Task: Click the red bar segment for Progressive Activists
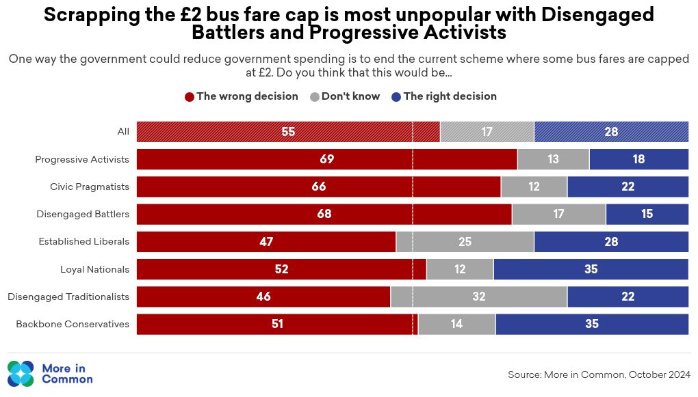[x=326, y=159]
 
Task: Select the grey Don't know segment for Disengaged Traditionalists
[x=478, y=297]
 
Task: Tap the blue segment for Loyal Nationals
[x=591, y=269]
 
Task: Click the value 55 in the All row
[x=288, y=132]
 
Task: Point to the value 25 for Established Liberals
[x=465, y=242]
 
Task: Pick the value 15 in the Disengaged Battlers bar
[x=647, y=214]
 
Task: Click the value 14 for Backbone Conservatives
[x=456, y=324]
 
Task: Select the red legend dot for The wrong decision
[x=190, y=97]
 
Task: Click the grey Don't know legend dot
[x=315, y=97]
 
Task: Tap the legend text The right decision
[x=450, y=96]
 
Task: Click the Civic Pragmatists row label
[x=90, y=187]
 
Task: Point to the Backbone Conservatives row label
[x=73, y=324]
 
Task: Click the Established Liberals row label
[x=83, y=242]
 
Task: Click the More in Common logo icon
[x=21, y=374]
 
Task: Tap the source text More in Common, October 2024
[x=599, y=374]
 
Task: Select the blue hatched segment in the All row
[x=611, y=132]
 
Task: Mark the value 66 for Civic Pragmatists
[x=318, y=187]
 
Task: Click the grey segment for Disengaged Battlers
[x=558, y=214]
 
